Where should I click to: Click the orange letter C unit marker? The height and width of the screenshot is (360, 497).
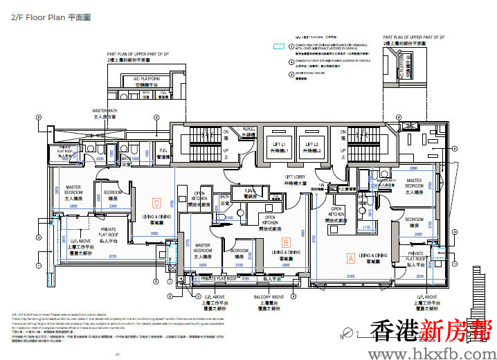157,203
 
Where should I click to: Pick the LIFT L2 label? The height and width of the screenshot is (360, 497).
311,147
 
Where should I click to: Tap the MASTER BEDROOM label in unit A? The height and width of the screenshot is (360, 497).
414,183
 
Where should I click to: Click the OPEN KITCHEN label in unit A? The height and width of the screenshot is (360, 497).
336,212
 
